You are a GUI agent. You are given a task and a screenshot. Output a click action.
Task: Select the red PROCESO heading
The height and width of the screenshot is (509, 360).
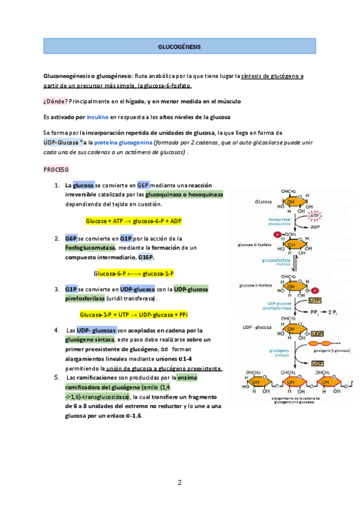click(x=56, y=169)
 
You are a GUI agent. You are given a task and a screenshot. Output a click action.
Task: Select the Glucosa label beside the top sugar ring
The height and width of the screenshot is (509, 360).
click(x=264, y=202)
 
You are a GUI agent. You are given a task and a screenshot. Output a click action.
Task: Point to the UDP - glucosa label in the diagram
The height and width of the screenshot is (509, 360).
click(x=254, y=327)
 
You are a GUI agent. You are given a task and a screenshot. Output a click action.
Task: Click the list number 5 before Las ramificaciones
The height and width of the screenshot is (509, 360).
click(x=56, y=377)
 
